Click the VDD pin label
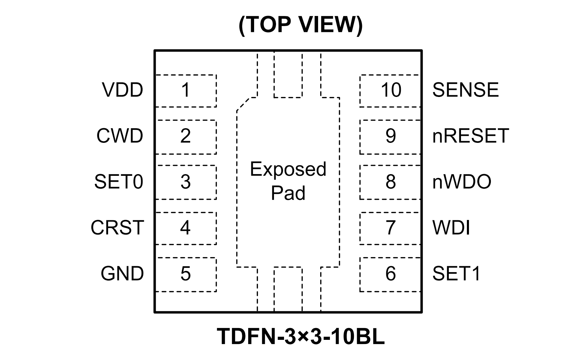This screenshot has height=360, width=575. [x=122, y=90]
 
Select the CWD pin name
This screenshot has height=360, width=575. [x=120, y=136]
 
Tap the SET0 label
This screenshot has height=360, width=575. [x=119, y=182]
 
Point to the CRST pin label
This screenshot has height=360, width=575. [x=117, y=228]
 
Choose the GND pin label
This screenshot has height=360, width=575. [x=122, y=273]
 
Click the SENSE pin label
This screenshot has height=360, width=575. [x=465, y=90]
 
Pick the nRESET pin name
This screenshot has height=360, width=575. [x=470, y=136]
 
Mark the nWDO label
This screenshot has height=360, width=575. [x=462, y=182]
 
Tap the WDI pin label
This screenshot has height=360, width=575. [x=451, y=228]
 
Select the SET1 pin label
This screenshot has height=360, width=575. [x=456, y=273]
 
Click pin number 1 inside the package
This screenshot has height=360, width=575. [x=186, y=90]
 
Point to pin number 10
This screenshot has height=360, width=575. [x=391, y=90]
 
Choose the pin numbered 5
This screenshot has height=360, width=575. [x=186, y=273]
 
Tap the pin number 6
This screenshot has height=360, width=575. [x=390, y=273]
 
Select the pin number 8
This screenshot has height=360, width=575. [x=390, y=182]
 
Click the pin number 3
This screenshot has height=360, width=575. [x=186, y=182]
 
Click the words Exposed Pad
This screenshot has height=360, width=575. [x=288, y=181]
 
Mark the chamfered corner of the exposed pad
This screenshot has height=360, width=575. [x=246, y=104]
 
